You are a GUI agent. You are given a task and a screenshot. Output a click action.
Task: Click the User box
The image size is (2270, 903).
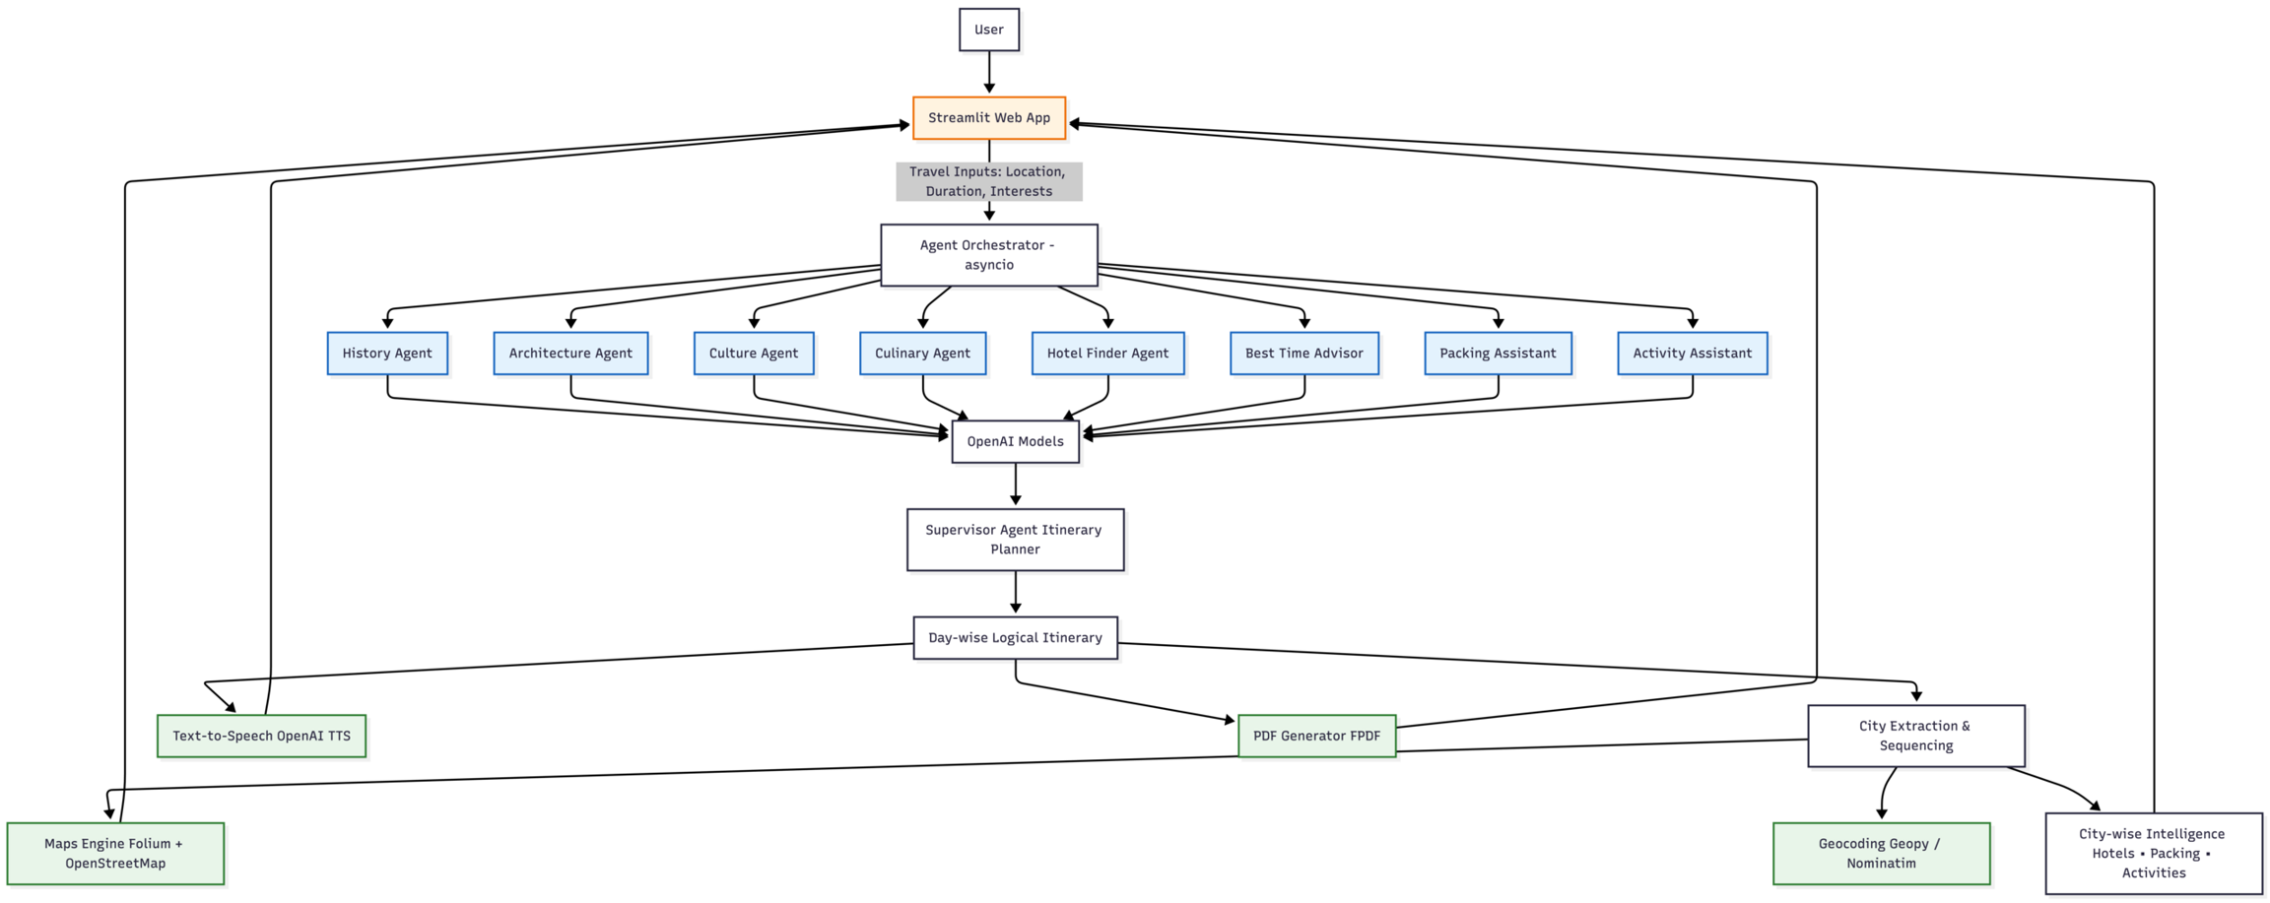[x=988, y=30]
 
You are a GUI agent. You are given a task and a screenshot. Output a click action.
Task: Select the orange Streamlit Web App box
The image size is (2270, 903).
[x=988, y=118]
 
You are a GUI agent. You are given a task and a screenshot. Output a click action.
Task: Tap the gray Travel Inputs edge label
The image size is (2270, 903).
[x=988, y=181]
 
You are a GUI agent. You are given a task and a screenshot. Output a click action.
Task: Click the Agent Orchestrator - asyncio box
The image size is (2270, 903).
[x=988, y=255]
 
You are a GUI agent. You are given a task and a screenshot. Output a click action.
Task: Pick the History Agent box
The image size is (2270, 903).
[x=387, y=354]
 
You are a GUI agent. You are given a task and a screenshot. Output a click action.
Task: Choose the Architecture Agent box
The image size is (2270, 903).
[x=570, y=354]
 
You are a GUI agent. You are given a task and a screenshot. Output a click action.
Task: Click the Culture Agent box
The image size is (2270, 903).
[x=754, y=354]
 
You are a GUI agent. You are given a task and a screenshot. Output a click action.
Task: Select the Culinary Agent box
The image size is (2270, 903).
[x=922, y=354]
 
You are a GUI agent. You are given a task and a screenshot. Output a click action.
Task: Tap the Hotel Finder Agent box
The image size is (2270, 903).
[x=1107, y=354]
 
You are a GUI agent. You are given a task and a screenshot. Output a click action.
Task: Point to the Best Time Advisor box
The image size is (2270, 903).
[x=1303, y=354]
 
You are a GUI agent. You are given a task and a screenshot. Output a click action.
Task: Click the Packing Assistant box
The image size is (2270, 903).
[x=1498, y=354]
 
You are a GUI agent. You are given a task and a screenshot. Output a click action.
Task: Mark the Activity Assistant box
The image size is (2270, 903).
[x=1692, y=354]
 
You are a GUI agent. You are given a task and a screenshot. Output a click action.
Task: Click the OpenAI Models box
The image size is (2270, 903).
[x=1015, y=442]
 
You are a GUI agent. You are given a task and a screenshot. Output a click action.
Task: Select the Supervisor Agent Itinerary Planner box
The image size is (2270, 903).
[x=1015, y=540]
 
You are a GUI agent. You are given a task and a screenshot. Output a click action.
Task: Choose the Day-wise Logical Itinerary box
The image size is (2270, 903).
[x=1015, y=638]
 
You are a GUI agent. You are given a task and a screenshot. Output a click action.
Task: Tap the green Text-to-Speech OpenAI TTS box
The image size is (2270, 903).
[x=261, y=737]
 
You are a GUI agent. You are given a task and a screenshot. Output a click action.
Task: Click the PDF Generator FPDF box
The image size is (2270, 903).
[x=1316, y=737]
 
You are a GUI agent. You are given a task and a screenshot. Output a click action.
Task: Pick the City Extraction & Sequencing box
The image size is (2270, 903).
[x=1915, y=736]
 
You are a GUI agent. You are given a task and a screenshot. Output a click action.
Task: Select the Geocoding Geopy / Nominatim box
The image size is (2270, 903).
[x=1881, y=854]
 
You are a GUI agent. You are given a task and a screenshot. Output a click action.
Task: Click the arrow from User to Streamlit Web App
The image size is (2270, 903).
[x=988, y=71]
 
